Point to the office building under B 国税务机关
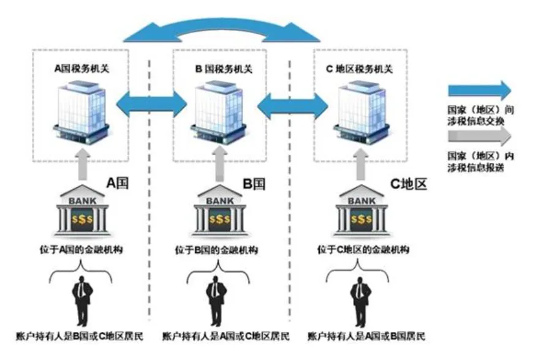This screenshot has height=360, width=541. (x=220, y=110)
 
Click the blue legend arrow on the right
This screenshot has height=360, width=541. (x=479, y=90)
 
